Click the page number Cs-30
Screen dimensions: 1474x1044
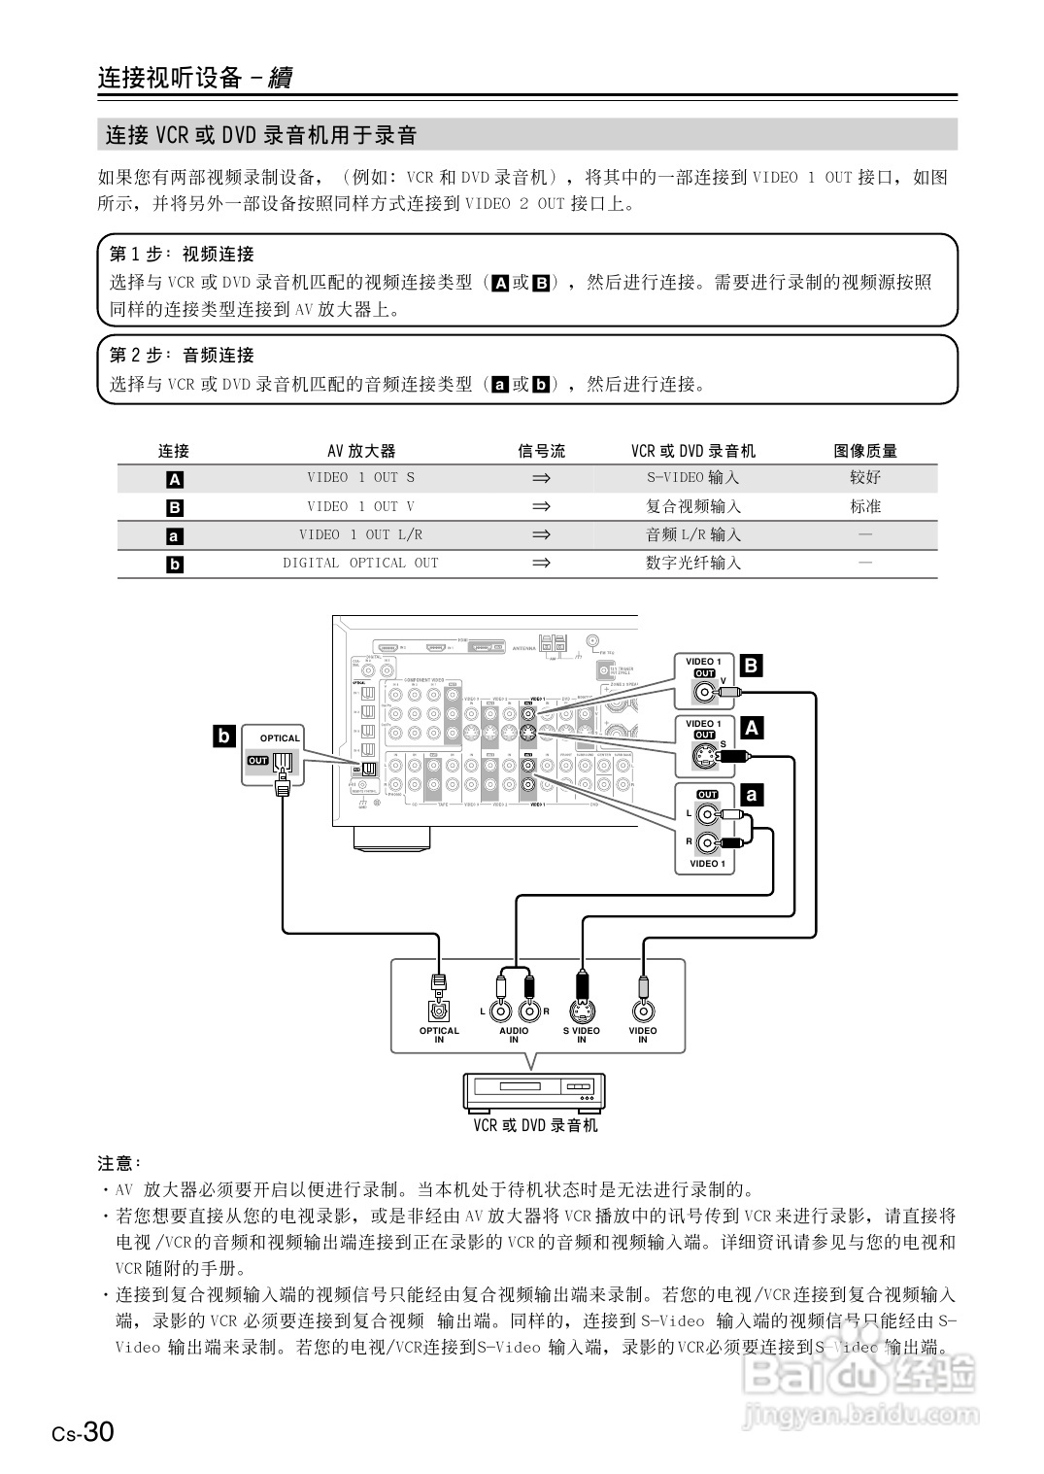[84, 1431]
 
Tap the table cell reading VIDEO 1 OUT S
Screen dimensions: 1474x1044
[360, 478]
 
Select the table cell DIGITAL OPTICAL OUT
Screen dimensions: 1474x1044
[360, 564]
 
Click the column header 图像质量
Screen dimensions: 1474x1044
[865, 451]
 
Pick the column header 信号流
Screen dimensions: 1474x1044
[541, 451]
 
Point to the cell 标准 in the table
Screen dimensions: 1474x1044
[865, 506]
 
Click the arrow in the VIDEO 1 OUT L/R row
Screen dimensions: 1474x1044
[541, 534]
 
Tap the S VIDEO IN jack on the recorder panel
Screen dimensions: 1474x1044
[582, 1011]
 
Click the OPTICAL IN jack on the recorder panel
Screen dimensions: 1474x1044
[439, 1011]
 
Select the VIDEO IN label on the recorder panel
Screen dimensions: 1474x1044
[642, 1035]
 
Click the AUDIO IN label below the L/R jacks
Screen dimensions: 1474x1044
[514, 1035]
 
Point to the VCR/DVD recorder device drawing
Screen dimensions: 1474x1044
[534, 1092]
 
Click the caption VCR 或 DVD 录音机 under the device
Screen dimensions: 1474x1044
[535, 1125]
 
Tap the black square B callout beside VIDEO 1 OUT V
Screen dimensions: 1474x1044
[751, 666]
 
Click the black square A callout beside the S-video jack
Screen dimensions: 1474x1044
[751, 727]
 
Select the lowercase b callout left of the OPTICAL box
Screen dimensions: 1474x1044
[223, 736]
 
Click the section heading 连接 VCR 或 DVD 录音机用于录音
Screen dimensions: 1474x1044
[261, 135]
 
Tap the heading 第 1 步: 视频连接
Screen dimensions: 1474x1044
[182, 254]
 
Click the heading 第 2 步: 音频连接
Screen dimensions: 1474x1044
[182, 355]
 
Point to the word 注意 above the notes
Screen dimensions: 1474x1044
[118, 1162]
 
